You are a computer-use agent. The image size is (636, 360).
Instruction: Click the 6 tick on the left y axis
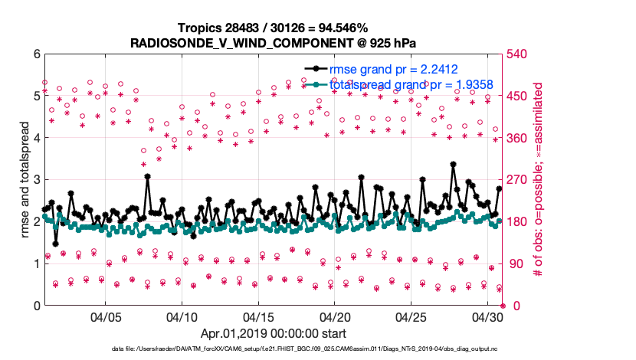[x=35, y=54]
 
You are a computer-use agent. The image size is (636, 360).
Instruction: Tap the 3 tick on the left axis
[x=35, y=180]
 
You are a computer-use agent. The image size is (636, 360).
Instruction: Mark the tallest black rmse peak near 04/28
[x=454, y=165]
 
